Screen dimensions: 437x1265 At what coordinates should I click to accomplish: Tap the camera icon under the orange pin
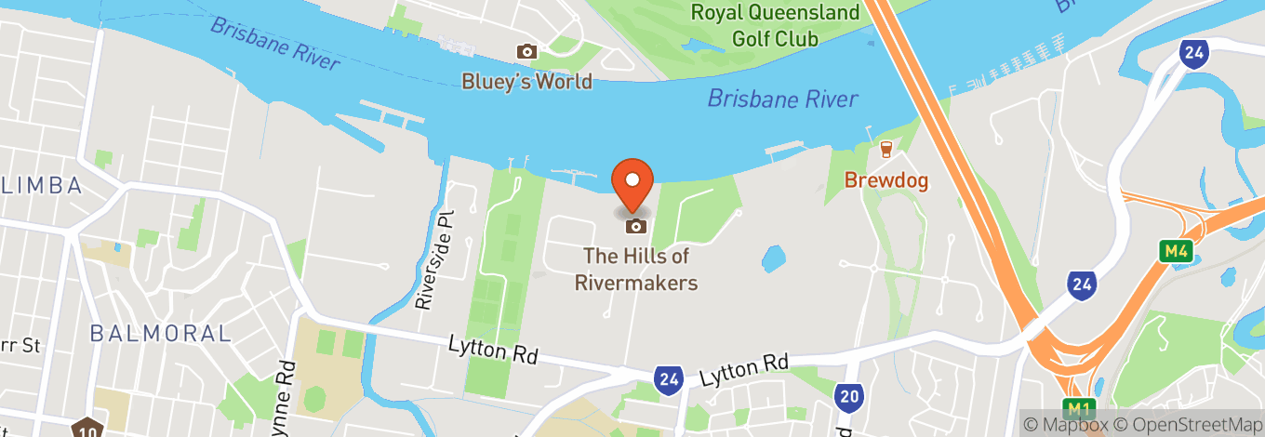coord(636,226)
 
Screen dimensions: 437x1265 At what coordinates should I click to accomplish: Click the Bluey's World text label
coord(527,81)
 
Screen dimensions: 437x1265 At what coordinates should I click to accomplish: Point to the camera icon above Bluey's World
coord(527,52)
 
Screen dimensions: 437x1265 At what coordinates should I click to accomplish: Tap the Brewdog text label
coord(886,180)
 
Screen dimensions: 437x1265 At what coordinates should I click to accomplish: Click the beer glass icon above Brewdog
coord(885,150)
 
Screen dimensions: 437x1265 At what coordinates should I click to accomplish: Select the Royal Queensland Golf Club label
coord(775,26)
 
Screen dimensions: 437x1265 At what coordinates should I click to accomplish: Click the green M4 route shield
coord(1177,251)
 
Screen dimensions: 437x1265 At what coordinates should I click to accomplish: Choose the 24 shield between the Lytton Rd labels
coord(667,378)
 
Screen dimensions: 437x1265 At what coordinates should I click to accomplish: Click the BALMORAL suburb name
coord(160,333)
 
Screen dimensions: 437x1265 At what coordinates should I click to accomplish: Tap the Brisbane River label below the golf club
coord(781,98)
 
